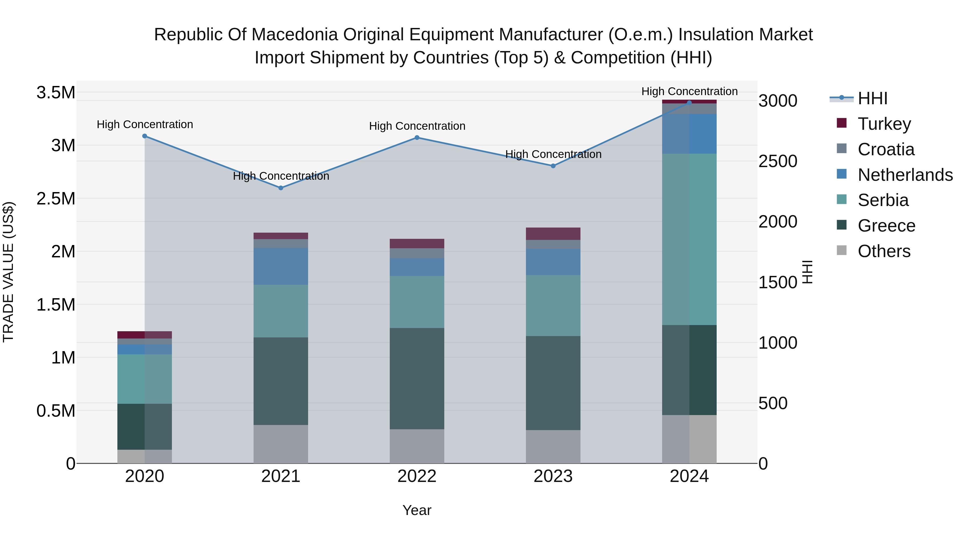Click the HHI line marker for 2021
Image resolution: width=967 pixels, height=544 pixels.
click(281, 188)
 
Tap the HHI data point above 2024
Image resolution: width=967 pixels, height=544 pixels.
click(689, 103)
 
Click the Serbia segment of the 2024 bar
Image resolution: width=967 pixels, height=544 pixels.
click(689, 239)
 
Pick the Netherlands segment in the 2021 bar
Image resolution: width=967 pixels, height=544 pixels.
click(281, 266)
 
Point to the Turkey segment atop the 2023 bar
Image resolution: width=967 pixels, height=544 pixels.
click(553, 233)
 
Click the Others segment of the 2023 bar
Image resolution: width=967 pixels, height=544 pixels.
click(553, 446)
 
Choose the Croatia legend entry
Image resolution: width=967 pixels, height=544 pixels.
click(886, 149)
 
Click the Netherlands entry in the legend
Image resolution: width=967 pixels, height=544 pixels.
click(905, 175)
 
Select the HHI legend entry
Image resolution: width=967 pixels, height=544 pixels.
click(872, 98)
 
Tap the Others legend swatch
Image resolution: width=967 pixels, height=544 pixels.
click(842, 250)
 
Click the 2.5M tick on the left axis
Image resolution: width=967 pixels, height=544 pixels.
click(56, 199)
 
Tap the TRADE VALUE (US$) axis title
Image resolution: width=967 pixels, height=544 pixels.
click(8, 272)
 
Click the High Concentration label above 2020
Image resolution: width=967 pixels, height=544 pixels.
click(145, 124)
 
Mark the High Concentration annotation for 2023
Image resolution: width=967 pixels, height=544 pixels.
click(553, 154)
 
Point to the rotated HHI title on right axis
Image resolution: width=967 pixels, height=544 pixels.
click(807, 272)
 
